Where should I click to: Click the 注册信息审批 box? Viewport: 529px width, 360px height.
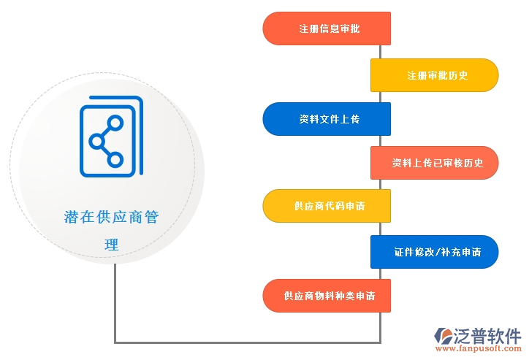pos(327,28)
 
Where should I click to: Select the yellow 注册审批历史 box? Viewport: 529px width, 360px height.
pos(435,75)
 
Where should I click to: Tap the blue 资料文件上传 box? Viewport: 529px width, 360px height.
pos(327,119)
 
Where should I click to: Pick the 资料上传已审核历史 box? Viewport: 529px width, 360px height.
pos(435,163)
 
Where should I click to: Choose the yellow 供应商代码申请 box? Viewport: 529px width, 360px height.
pos(327,206)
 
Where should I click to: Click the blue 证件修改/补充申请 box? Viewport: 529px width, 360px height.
pos(435,252)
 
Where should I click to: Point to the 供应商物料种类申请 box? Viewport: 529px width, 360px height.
pos(327,296)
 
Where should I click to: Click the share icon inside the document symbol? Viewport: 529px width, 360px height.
pos(106,141)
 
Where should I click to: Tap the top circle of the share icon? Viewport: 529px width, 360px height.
pos(115,123)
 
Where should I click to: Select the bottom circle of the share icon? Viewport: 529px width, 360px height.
pos(115,160)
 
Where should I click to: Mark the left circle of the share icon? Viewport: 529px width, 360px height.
pos(97,141)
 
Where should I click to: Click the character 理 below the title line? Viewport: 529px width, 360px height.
pos(112,245)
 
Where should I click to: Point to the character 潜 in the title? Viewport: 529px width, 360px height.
pos(72,217)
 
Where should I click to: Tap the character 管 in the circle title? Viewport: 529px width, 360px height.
pos(152,217)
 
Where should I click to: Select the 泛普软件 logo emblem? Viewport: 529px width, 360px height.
pos(443,336)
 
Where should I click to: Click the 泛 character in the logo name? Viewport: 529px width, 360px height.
pos(462,336)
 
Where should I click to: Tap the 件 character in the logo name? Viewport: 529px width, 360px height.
pos(513,336)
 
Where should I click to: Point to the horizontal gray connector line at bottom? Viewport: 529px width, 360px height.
pos(248,342)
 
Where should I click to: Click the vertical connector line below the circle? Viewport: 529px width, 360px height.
pos(115,303)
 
